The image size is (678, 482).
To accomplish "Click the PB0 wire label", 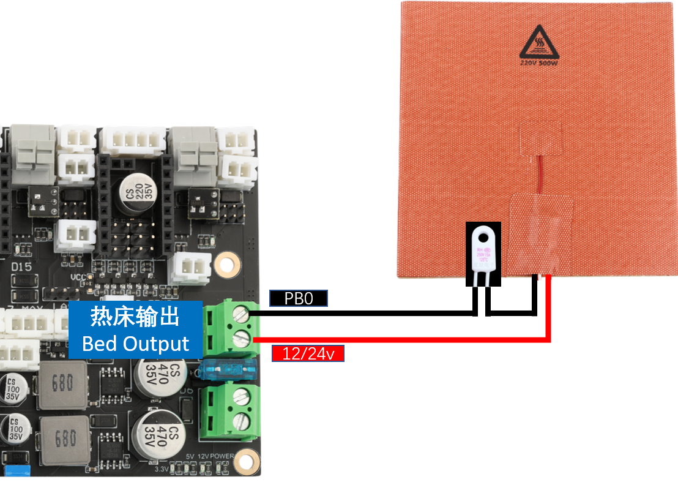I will coord(299,298).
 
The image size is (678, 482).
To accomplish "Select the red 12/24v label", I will coord(308,353).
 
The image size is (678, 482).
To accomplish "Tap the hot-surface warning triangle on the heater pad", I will coord(540,42).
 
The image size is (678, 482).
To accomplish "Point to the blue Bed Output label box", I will coord(135,329).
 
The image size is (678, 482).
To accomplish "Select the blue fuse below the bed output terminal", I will coord(229,371).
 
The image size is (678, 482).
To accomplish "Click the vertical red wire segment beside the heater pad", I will coord(549,306).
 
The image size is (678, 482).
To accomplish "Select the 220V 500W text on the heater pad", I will coord(540,62).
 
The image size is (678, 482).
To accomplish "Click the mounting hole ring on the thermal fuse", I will coord(485,235).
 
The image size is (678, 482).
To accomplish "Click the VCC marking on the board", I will coord(78,277).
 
